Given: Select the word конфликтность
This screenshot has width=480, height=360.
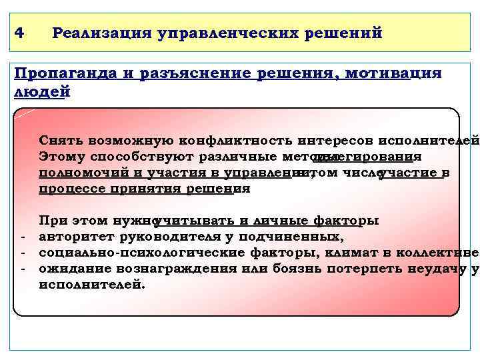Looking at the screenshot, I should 236,141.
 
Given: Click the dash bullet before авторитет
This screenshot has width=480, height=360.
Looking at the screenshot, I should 23,237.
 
